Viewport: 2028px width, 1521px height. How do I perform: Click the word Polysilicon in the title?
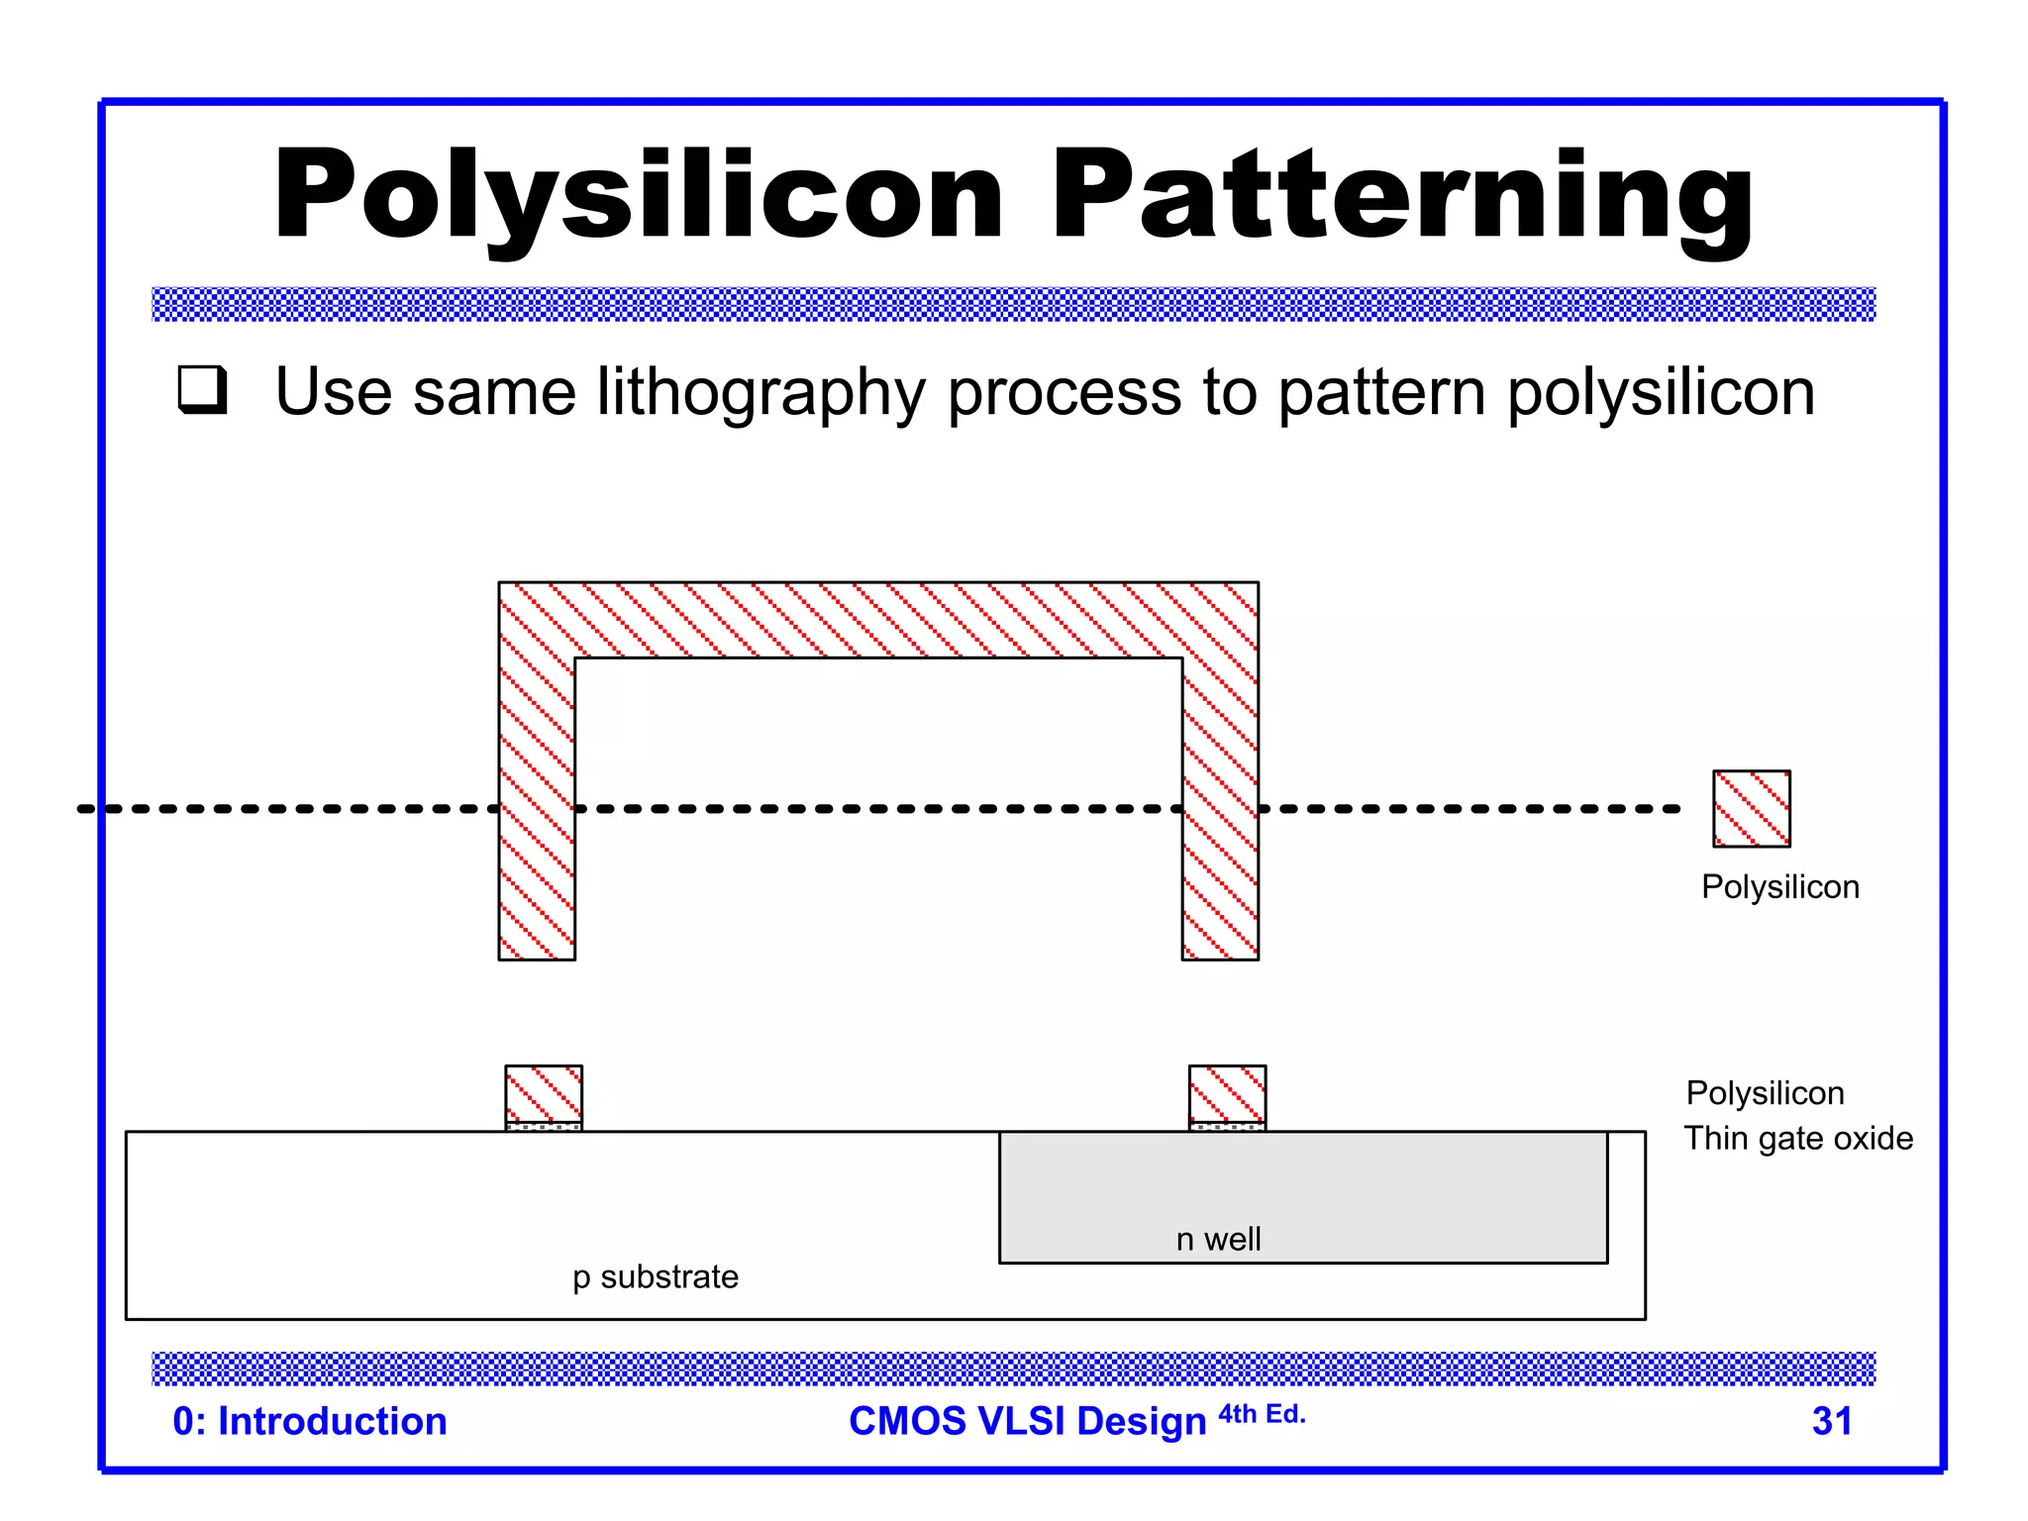click(639, 195)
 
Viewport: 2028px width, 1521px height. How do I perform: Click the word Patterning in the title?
click(1401, 195)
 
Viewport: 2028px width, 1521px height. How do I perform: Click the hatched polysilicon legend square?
click(1751, 808)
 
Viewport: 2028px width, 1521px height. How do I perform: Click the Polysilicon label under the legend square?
click(1779, 886)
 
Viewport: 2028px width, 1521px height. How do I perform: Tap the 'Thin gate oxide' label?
click(1798, 1138)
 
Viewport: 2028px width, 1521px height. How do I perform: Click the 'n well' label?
click(1218, 1239)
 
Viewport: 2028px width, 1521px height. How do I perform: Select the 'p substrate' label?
click(656, 1276)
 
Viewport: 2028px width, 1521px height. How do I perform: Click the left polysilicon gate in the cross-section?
click(544, 1094)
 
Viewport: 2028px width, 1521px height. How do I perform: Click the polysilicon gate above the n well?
click(1227, 1094)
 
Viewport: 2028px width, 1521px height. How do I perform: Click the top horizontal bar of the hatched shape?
click(878, 620)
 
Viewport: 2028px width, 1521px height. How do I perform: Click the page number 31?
click(1831, 1421)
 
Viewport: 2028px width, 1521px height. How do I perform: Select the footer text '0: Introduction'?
click(310, 1421)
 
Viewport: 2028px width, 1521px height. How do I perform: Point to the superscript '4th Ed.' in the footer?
click(1262, 1413)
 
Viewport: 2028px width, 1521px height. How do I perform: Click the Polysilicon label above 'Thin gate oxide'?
click(1765, 1092)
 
